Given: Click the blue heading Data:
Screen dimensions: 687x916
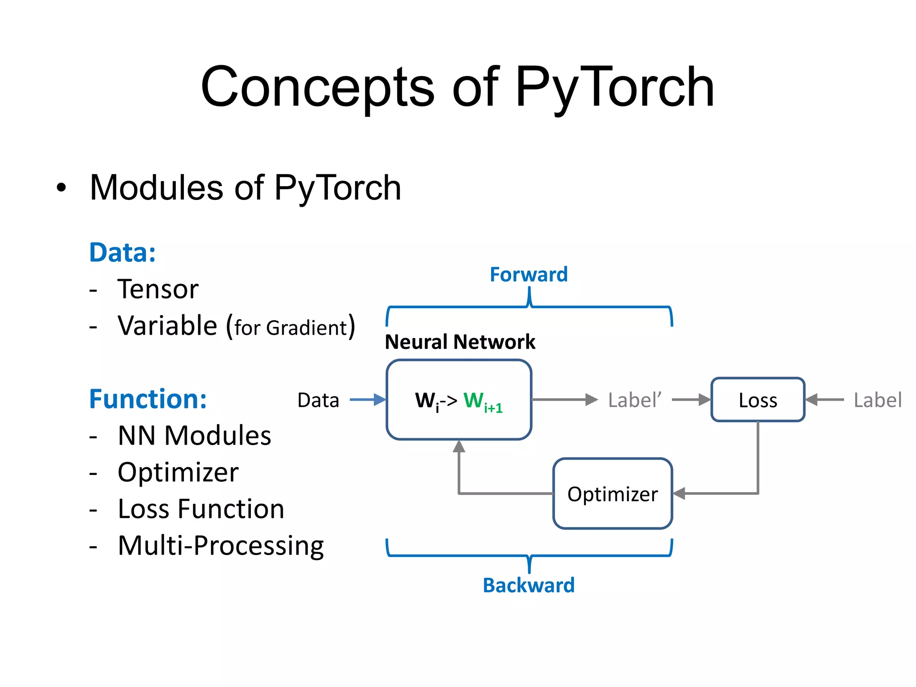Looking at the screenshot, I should point(123,253).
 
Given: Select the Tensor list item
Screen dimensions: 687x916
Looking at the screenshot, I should point(157,289).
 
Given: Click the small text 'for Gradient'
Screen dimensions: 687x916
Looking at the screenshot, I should point(291,328).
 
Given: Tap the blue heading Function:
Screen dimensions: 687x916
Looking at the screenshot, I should point(148,399).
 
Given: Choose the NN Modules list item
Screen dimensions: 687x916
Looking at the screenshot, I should point(194,436).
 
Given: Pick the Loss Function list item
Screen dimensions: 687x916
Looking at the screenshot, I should point(201,509).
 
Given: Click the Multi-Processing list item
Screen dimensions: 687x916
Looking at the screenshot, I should point(221,546).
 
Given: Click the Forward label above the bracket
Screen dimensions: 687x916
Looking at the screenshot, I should point(529,275).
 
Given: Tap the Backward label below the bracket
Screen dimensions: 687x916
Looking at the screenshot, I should point(529,585).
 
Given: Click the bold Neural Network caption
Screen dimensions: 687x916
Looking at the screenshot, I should point(460,342).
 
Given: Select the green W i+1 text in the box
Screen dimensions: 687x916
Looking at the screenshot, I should point(483,401).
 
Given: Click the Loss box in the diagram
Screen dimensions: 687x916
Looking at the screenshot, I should point(758,400).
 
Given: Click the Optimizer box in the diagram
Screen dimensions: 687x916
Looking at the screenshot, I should point(612,494).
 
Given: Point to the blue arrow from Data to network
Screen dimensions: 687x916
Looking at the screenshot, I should point(367,399).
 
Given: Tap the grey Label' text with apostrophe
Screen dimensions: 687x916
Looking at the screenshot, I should point(634,400).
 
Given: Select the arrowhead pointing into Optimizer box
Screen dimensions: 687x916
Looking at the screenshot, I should point(679,493).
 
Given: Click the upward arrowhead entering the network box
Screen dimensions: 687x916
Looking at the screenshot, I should point(459,447).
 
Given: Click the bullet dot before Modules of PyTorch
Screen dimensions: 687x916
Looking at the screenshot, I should point(61,188).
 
